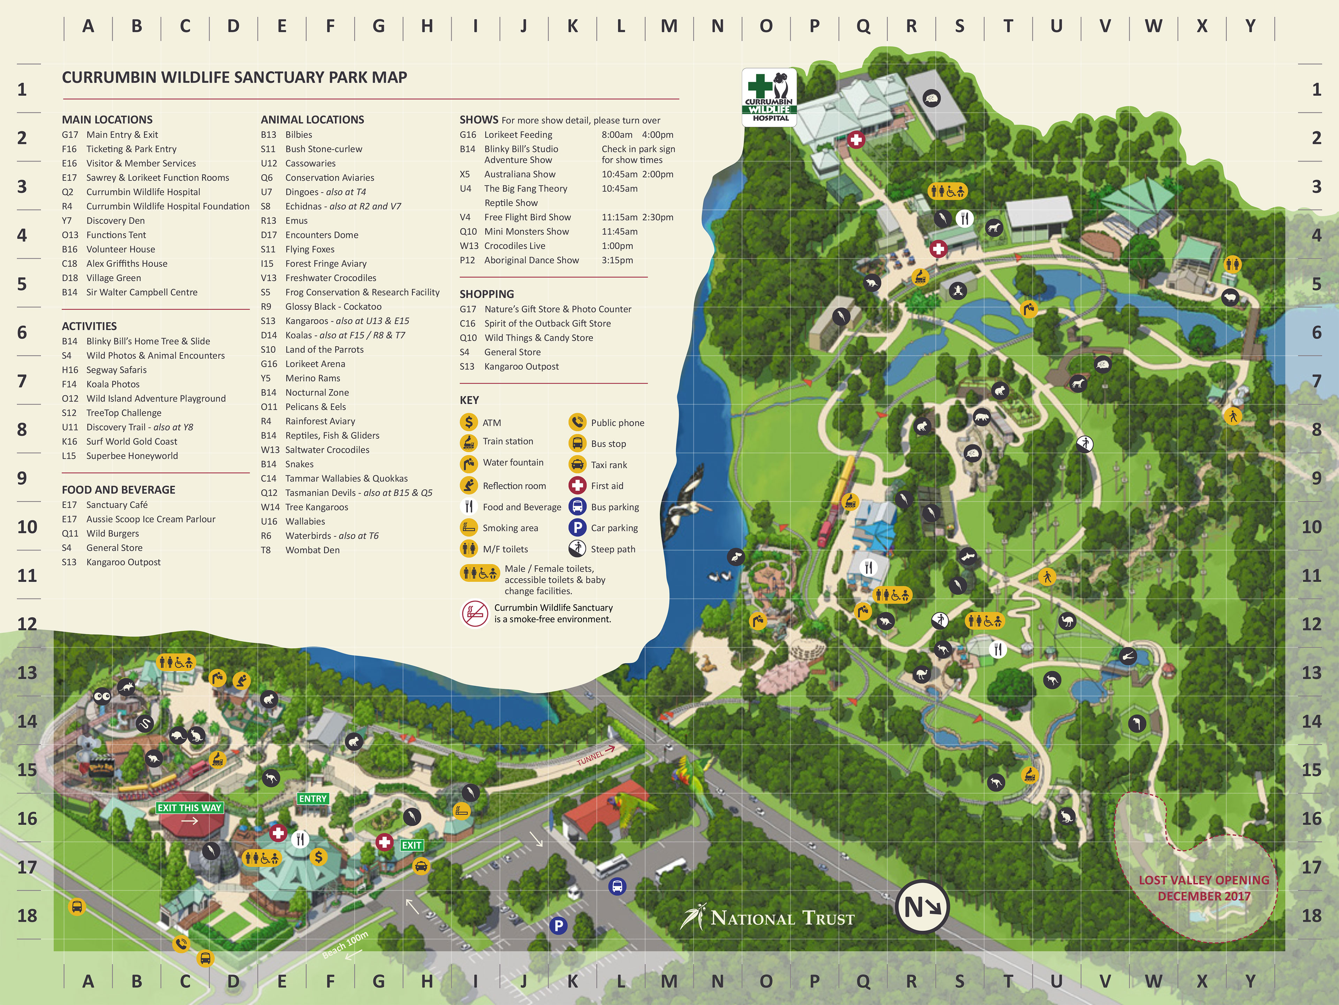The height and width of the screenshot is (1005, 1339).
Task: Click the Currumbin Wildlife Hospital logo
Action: tap(769, 97)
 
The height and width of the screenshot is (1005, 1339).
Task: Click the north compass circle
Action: tap(922, 907)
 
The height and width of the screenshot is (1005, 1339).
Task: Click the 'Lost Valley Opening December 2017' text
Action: tap(1203, 888)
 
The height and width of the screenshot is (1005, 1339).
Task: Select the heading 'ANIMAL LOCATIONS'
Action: tap(312, 119)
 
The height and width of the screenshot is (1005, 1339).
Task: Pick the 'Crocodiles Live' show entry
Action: tap(515, 246)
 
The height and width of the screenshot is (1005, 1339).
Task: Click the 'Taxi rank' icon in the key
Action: tap(577, 465)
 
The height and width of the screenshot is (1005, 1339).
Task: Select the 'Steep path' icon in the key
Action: tap(577, 549)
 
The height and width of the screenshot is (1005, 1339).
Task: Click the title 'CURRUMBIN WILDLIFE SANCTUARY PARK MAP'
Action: tap(234, 77)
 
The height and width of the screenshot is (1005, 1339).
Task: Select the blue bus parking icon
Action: tap(617, 887)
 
